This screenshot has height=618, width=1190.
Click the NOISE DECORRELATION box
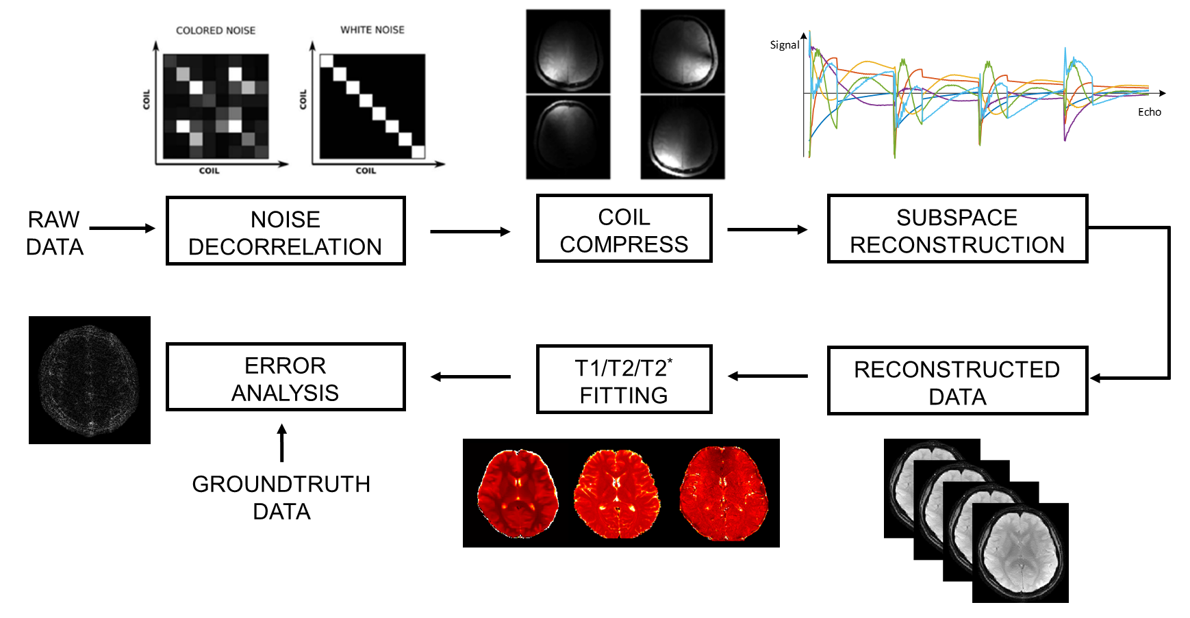286,231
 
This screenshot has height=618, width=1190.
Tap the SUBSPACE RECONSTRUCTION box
957,229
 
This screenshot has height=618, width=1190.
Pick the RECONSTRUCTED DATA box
957,381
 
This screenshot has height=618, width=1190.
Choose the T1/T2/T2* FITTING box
624,380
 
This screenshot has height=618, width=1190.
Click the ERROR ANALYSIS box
286,377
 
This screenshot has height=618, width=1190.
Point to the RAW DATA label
55,233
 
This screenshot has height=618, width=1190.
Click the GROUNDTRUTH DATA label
281,498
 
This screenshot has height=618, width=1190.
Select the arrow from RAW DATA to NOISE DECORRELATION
122,229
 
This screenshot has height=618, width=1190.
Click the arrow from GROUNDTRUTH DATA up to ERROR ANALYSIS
281,442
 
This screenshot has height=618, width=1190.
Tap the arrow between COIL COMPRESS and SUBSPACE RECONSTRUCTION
767,230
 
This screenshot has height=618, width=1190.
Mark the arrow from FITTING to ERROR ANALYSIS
470,376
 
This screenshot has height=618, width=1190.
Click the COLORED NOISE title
216,31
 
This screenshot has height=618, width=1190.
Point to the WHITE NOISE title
372,30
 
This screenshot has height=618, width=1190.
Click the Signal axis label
785,45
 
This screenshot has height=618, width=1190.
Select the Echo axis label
1150,112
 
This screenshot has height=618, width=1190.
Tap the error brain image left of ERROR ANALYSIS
90,380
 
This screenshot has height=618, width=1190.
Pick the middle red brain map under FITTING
617,493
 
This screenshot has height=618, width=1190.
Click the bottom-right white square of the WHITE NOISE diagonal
418,152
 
